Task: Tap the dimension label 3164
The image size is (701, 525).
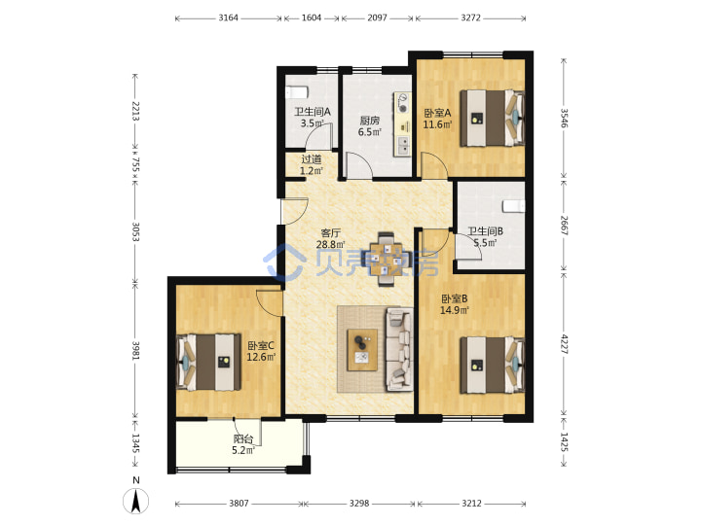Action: click(x=228, y=17)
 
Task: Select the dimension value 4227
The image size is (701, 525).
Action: click(x=564, y=344)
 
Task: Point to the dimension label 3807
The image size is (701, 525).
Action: click(x=239, y=504)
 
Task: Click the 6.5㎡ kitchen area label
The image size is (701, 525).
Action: click(x=370, y=132)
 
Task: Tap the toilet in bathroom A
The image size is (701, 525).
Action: click(x=297, y=92)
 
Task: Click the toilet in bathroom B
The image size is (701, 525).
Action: click(x=514, y=206)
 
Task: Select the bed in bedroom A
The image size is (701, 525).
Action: click(x=492, y=119)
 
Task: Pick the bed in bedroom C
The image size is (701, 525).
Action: click(x=208, y=362)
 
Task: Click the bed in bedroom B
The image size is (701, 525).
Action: click(x=492, y=365)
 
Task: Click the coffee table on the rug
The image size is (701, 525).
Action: click(x=362, y=350)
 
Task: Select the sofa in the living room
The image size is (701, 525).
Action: click(x=399, y=349)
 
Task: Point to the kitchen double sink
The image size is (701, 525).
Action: click(x=403, y=145)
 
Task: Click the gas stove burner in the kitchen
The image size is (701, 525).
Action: click(x=403, y=108)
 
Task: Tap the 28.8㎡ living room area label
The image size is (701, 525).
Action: click(x=331, y=245)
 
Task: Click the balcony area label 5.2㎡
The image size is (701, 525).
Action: click(x=243, y=450)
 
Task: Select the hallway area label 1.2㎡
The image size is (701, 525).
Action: click(x=312, y=171)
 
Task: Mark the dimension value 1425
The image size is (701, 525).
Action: click(x=564, y=441)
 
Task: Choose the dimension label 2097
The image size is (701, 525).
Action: click(x=378, y=17)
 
